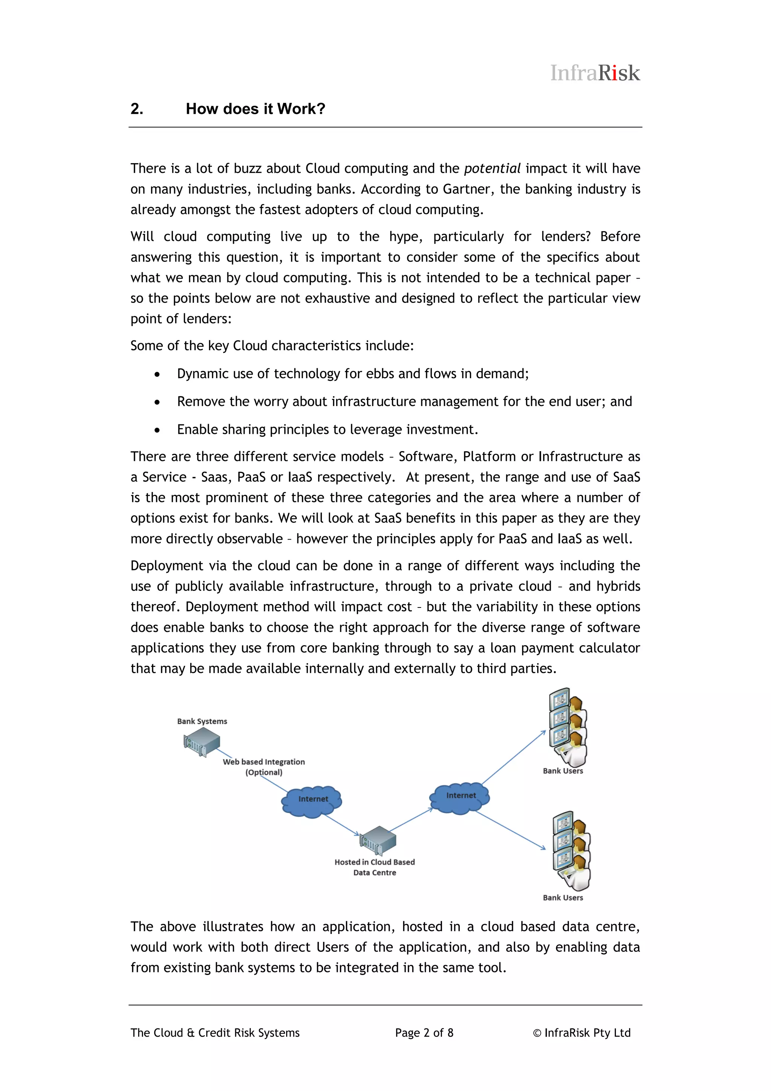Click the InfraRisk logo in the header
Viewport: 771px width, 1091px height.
[x=595, y=73]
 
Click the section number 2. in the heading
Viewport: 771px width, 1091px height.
[x=137, y=109]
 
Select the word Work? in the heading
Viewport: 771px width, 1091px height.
[x=301, y=109]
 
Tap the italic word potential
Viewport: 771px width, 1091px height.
[x=492, y=169]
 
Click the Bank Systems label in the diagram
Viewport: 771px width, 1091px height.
[x=202, y=721]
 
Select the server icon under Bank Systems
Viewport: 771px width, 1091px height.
[x=202, y=742]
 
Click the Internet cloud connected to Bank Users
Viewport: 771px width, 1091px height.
[x=460, y=797]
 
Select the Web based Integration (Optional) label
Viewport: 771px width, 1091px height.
[x=264, y=767]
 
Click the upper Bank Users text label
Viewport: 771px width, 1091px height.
[x=563, y=771]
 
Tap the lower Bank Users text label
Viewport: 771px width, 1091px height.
[x=563, y=897]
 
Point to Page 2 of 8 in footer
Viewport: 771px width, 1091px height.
[x=424, y=1033]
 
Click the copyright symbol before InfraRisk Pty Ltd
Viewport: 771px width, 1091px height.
[x=537, y=1033]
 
